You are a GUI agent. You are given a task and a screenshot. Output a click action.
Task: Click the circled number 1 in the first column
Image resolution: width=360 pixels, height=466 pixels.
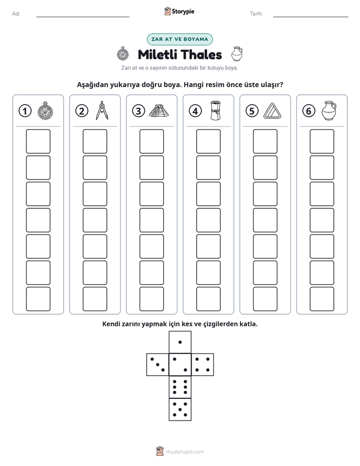click(25, 111)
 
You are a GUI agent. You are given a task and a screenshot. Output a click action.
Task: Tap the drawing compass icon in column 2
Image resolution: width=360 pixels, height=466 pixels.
click(102, 110)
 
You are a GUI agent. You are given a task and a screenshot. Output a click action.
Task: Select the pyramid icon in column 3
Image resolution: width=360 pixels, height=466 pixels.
click(159, 111)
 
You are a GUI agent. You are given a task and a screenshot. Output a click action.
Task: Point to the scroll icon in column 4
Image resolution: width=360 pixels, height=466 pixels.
click(216, 110)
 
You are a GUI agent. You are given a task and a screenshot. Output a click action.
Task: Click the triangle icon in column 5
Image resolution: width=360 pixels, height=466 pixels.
click(272, 111)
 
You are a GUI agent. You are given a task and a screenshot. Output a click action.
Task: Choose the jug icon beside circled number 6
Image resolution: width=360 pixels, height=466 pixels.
click(329, 110)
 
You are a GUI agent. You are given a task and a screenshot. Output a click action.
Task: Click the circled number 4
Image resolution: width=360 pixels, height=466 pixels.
click(195, 111)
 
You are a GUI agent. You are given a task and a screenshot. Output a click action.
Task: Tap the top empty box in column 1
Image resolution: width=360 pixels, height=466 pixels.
click(38, 141)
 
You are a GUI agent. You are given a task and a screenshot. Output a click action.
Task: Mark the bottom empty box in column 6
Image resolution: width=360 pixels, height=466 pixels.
click(322, 299)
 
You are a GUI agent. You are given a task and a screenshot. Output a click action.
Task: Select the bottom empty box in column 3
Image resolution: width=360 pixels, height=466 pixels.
click(151, 299)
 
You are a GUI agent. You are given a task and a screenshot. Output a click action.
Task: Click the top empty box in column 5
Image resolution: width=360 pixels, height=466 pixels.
click(265, 141)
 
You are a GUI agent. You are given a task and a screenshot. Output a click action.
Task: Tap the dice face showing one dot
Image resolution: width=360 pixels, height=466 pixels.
click(180, 342)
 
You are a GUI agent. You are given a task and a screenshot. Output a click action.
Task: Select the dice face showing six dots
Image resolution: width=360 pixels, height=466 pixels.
click(180, 387)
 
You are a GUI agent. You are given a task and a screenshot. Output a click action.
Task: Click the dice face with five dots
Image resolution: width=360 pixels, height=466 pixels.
click(180, 410)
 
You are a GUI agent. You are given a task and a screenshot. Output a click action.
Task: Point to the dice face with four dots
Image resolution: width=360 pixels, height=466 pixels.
click(203, 365)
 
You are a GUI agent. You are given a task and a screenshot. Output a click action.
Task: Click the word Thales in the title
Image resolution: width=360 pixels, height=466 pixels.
click(201, 54)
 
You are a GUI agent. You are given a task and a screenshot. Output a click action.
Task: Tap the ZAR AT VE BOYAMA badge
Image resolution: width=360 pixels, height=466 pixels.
click(179, 39)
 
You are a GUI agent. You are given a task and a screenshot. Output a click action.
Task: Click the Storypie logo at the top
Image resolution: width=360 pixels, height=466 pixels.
click(179, 11)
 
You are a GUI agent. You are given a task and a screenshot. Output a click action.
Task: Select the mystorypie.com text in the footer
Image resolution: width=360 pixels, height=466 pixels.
click(185, 452)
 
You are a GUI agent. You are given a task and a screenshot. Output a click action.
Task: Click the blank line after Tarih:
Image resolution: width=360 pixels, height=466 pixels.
click(311, 17)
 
